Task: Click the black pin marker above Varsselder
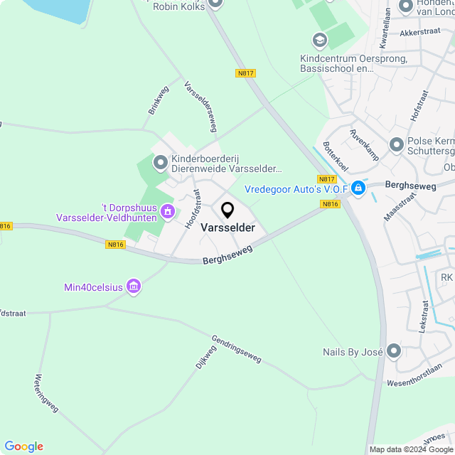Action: click(227, 210)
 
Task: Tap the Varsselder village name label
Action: click(228, 227)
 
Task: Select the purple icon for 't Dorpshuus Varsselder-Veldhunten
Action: click(168, 210)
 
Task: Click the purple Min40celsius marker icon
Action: click(133, 287)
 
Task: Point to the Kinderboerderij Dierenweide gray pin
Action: click(160, 164)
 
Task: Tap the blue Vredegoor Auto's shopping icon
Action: click(358, 188)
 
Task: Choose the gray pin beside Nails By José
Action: click(395, 351)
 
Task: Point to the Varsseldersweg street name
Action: click(200, 107)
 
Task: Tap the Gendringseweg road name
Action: click(237, 346)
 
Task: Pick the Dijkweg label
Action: click(205, 356)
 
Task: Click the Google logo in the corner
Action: click(23, 446)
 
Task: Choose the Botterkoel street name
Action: click(335, 156)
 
